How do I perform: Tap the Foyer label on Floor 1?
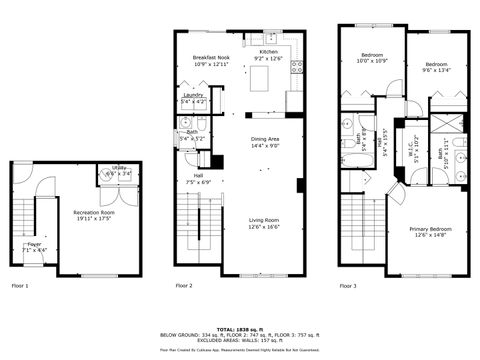coord(34,246)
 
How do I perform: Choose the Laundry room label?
coord(194,98)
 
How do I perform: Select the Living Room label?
coord(264,224)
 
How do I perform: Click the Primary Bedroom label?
coord(431,233)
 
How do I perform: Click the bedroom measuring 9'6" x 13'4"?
coord(436,67)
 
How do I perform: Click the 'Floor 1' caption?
coord(20,286)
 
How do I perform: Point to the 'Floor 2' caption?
coord(184,286)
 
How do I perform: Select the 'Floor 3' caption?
coord(347,286)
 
